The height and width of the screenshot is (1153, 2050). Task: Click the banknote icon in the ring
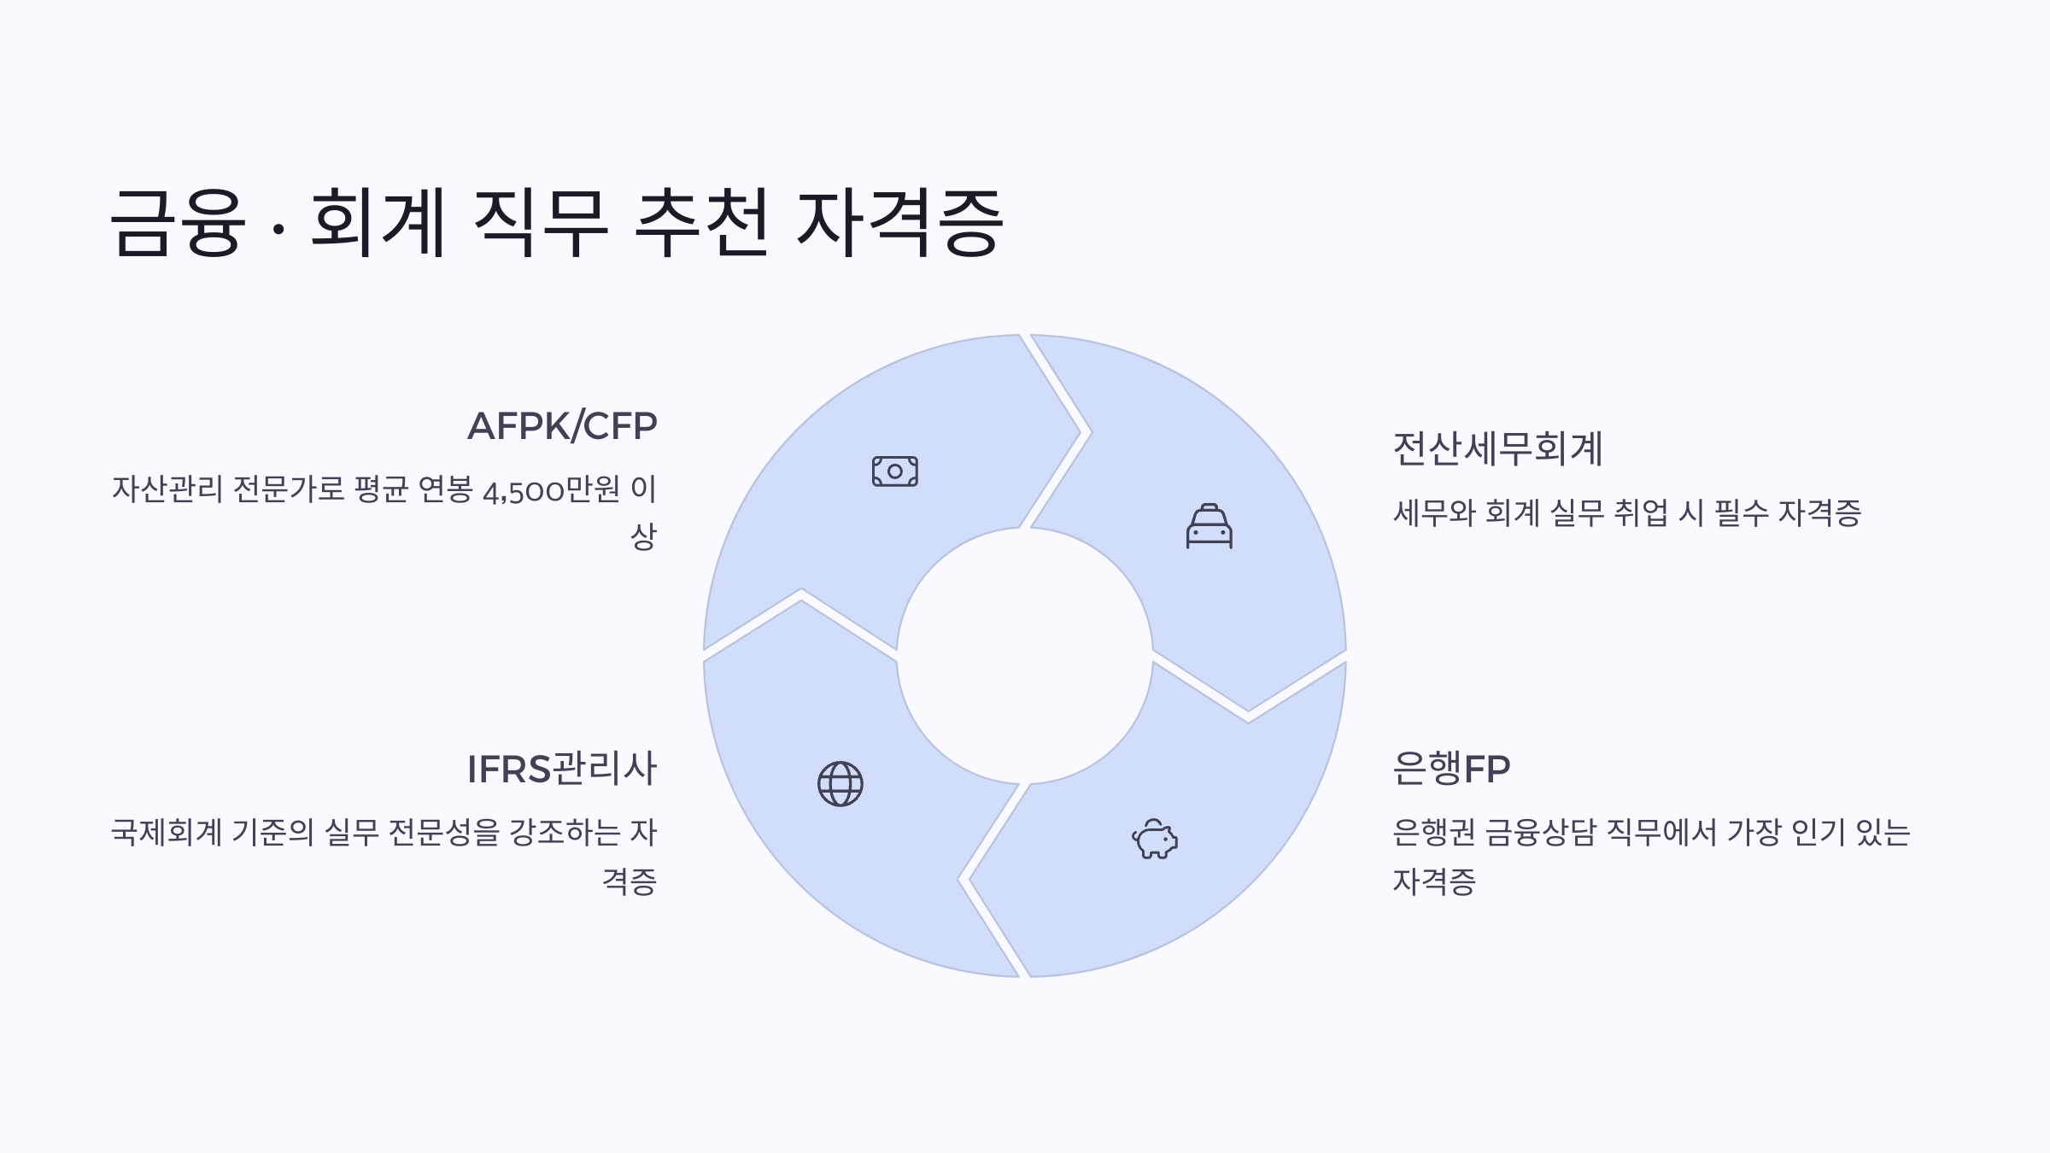tap(894, 471)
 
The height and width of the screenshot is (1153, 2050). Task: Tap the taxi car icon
tap(1209, 526)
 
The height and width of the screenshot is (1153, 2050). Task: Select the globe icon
tap(840, 784)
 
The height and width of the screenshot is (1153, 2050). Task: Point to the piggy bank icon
tap(1155, 839)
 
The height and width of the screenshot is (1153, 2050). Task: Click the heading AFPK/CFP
tap(562, 426)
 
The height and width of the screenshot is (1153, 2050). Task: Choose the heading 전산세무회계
tap(1497, 449)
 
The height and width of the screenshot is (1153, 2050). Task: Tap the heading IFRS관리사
tap(562, 769)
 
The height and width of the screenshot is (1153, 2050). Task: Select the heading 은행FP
tap(1451, 769)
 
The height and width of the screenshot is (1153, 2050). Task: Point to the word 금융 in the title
tap(178, 223)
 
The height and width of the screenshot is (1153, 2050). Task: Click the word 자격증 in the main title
tap(899, 223)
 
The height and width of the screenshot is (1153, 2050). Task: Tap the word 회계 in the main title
tap(378, 223)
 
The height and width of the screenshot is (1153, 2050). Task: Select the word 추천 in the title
tap(701, 223)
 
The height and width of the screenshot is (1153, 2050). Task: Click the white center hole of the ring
tap(1024, 656)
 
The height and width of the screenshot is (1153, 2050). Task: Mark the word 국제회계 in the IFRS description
tap(167, 832)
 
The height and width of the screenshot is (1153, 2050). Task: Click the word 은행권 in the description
tap(1433, 832)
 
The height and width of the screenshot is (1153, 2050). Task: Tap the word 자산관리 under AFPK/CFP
tap(167, 490)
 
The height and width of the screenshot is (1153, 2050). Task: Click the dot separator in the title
tap(278, 231)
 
